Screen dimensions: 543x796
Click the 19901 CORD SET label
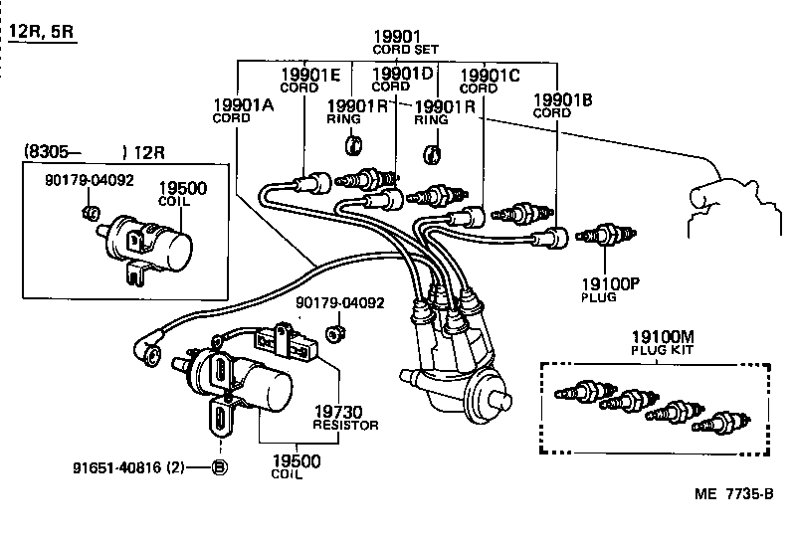tap(397, 42)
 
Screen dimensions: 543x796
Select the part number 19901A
tap(244, 104)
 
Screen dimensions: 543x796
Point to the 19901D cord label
tap(402, 77)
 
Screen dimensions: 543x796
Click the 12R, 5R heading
tap(42, 33)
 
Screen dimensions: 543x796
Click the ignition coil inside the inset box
tap(149, 239)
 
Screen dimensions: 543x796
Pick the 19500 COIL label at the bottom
tap(297, 467)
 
